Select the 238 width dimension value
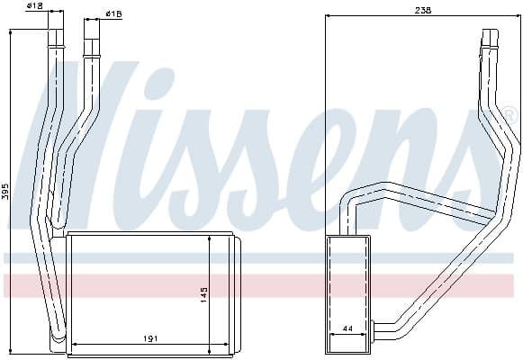pos(423,10)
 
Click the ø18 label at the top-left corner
pos(34,6)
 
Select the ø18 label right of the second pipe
pos(113,14)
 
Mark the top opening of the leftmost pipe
pos(56,31)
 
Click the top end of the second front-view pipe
pos(90,22)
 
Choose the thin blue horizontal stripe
pos(261,257)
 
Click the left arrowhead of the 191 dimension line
pos(73,345)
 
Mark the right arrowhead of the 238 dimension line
pos(518,15)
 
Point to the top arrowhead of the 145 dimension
pos(210,237)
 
